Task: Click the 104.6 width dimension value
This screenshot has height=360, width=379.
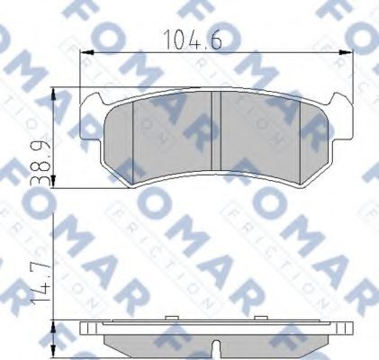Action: tap(189, 39)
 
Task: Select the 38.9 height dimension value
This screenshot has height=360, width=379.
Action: tap(38, 156)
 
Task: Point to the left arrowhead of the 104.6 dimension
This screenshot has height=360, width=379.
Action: tap(87, 50)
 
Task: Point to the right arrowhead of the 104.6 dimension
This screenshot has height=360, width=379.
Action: tap(341, 50)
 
